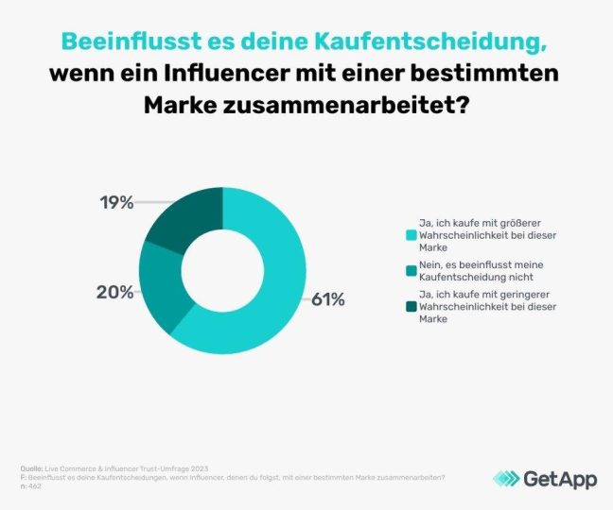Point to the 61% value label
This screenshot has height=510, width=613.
click(328, 300)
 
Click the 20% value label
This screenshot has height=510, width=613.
click(114, 292)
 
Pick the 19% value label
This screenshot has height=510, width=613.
click(117, 201)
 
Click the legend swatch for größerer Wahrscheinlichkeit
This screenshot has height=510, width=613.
click(411, 235)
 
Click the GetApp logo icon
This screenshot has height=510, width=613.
click(506, 479)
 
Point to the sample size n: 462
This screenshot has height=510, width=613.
click(34, 486)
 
